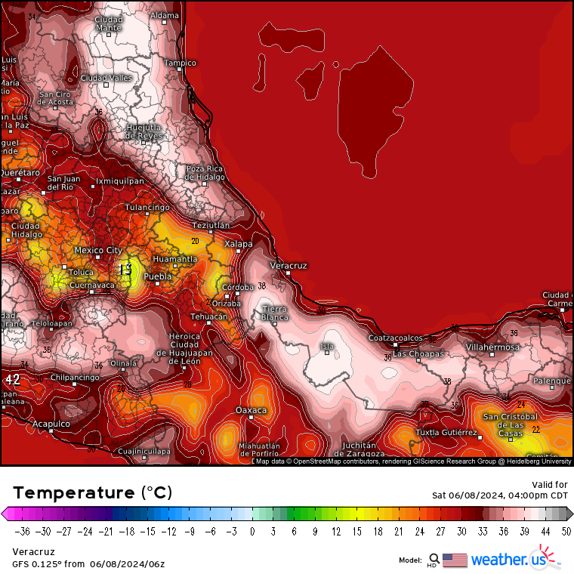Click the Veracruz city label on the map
coord(289,266)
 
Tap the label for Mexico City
coord(97,250)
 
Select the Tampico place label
coord(181,63)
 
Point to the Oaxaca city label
coord(252,410)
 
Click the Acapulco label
coord(51,424)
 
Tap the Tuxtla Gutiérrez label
coord(447,433)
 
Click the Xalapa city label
coord(239,244)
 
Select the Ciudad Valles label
coord(106,78)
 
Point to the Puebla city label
coord(158,277)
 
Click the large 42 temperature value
coord(12,380)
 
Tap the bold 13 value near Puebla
coord(125,269)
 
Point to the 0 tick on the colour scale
coord(252,531)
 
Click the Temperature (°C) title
coord(92,492)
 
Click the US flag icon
coord(455,560)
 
